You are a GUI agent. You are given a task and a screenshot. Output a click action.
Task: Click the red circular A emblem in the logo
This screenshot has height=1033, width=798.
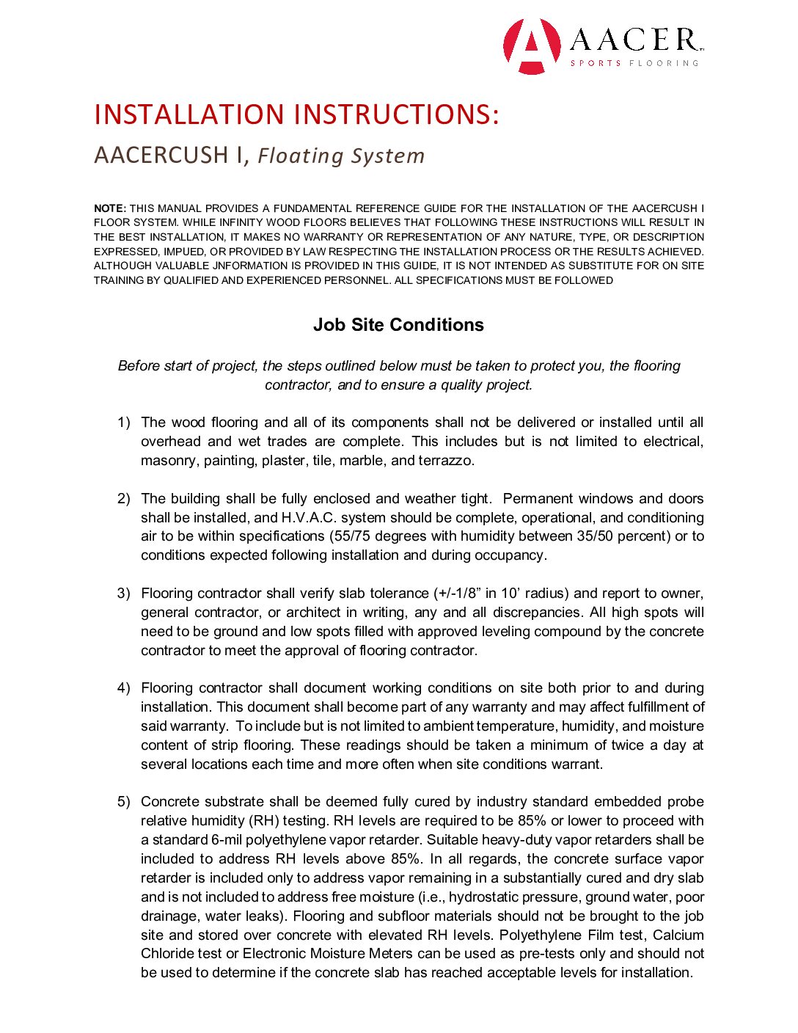532,45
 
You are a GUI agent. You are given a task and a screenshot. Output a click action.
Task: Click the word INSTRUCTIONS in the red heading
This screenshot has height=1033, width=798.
396,114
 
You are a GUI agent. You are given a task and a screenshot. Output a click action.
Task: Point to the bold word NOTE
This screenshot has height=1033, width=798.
109,208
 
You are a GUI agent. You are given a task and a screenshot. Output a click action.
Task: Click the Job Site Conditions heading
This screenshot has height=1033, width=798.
398,325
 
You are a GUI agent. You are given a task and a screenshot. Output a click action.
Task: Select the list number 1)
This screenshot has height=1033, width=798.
124,423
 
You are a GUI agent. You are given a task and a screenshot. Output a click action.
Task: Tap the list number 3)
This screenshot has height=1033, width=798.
124,594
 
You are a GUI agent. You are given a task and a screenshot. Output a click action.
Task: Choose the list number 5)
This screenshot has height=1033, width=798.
124,802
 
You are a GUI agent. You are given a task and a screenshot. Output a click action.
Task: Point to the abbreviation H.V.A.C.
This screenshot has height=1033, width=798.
308,518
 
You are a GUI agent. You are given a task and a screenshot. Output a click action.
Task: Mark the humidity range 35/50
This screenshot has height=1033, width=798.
595,536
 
